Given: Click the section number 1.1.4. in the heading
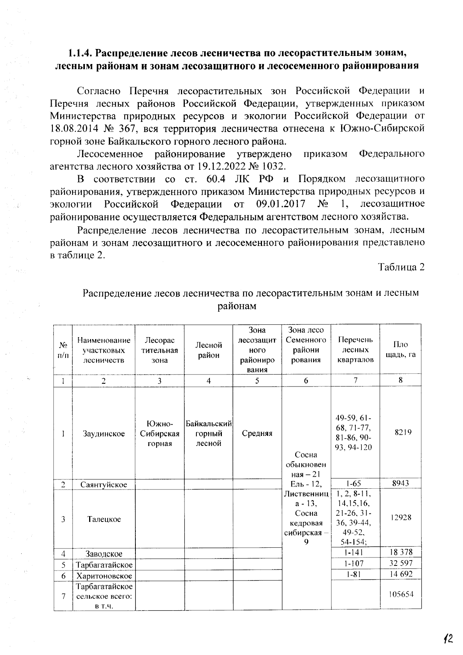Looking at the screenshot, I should pos(80,53).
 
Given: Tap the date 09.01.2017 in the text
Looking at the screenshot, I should pos(281,204).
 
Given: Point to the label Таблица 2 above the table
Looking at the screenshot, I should pos(401,267).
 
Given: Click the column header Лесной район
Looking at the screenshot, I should pos(209,350).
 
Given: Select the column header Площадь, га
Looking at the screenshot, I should pos(400,349).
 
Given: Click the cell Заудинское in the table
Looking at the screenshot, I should pos(104,434).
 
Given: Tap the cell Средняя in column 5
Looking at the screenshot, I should pos(257,434).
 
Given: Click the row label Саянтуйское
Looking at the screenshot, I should pos(104,484).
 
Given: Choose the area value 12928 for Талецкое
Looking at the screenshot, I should pos(401,518).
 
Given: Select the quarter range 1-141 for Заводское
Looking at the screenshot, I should pos(355,553).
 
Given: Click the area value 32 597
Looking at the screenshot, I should pos(401,563).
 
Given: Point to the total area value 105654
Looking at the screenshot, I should pos(401,594).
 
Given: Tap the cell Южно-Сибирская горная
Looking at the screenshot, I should pos(160,434).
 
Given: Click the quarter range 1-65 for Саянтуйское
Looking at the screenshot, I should pos(355,483).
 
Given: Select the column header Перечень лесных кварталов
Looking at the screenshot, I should pos(355,350).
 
